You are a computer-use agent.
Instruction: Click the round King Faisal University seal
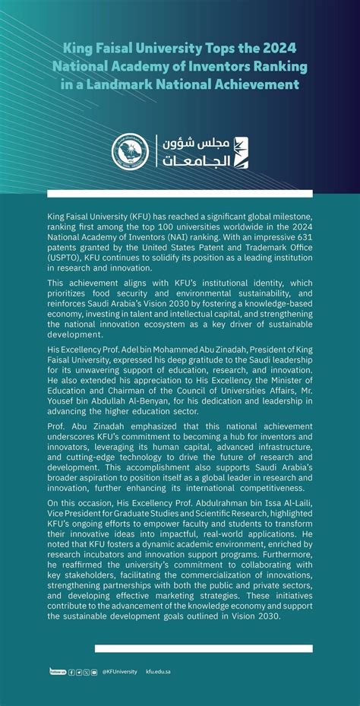pos(131,152)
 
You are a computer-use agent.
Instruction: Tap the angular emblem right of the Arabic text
pos(241,152)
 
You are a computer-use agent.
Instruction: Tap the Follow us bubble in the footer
pos(57,671)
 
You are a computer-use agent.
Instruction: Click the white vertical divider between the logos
pos(156,152)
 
